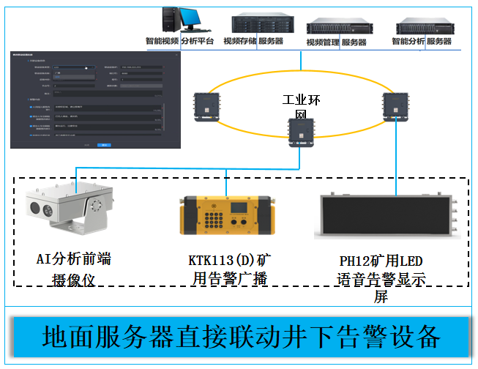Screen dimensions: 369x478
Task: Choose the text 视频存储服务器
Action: [253, 42]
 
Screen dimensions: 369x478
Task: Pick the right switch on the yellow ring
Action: [395, 105]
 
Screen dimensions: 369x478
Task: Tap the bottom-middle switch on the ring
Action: [300, 133]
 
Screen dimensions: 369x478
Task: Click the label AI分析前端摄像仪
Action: [73, 269]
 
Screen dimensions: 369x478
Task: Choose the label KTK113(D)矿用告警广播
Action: [229, 269]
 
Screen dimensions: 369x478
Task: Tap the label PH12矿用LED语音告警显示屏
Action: [381, 279]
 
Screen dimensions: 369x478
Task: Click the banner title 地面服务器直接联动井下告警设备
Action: [241, 336]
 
